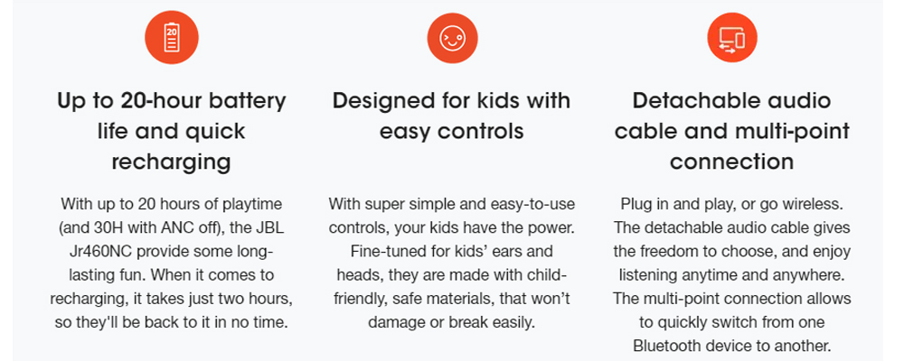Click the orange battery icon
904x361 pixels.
click(171, 37)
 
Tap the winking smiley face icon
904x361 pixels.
click(452, 38)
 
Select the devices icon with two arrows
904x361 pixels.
click(731, 37)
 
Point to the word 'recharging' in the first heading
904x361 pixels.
click(171, 162)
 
